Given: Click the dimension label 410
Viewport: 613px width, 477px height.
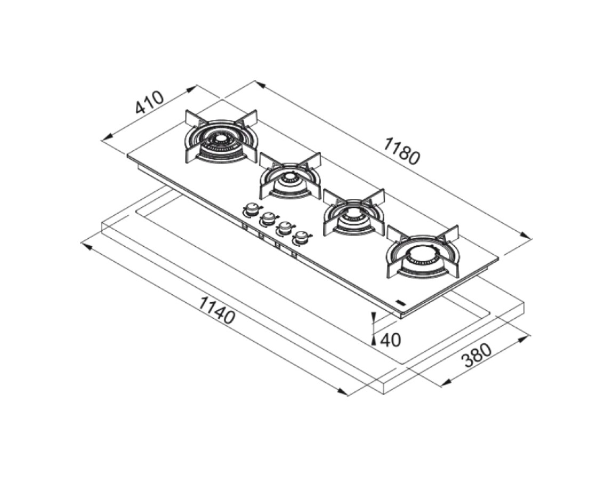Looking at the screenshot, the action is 149,102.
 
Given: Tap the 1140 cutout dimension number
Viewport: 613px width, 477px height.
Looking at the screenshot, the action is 217,310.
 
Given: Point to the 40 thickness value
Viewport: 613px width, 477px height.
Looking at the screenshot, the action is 391,340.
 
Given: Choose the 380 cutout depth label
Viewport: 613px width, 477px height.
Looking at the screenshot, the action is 477,355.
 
